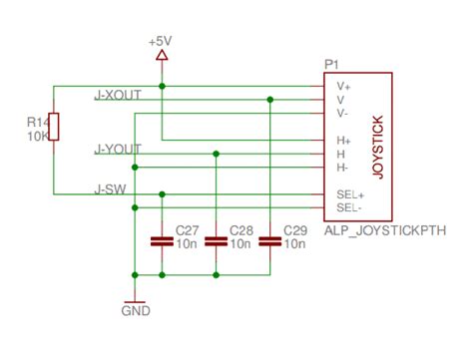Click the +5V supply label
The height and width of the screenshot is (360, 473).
pos(161,43)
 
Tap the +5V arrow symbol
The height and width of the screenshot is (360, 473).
pos(161,57)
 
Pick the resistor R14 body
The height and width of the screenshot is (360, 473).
pos(54,127)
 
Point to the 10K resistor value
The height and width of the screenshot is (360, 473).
pos(37,135)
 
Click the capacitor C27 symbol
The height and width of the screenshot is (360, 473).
pos(161,240)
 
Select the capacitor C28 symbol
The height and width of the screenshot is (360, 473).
pos(216,240)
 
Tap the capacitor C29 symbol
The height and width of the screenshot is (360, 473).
pos(269,240)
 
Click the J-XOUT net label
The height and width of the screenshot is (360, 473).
pos(118,95)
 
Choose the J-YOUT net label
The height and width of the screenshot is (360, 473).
pos(118,150)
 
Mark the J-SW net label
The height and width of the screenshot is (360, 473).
pos(109,187)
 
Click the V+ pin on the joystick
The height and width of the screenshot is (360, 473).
pos(343,87)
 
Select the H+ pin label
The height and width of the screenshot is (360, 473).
pos(343,142)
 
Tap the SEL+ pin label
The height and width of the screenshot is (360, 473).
pos(348,195)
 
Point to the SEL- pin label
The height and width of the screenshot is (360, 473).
pos(347,208)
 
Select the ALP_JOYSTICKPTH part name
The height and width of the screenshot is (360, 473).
pos(383,230)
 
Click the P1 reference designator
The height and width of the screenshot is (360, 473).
pos(331,65)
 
